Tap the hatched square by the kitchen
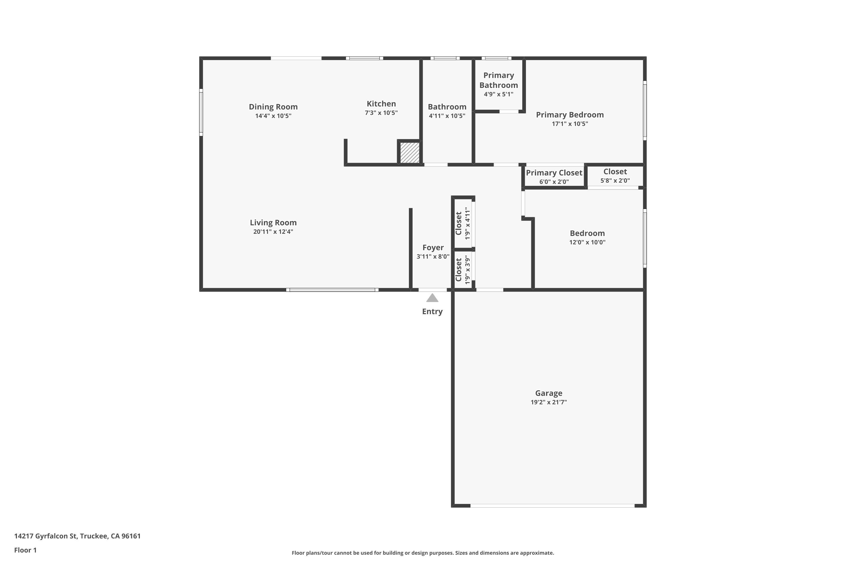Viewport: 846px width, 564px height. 410,153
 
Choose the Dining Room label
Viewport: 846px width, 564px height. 273,107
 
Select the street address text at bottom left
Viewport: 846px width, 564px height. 77,536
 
